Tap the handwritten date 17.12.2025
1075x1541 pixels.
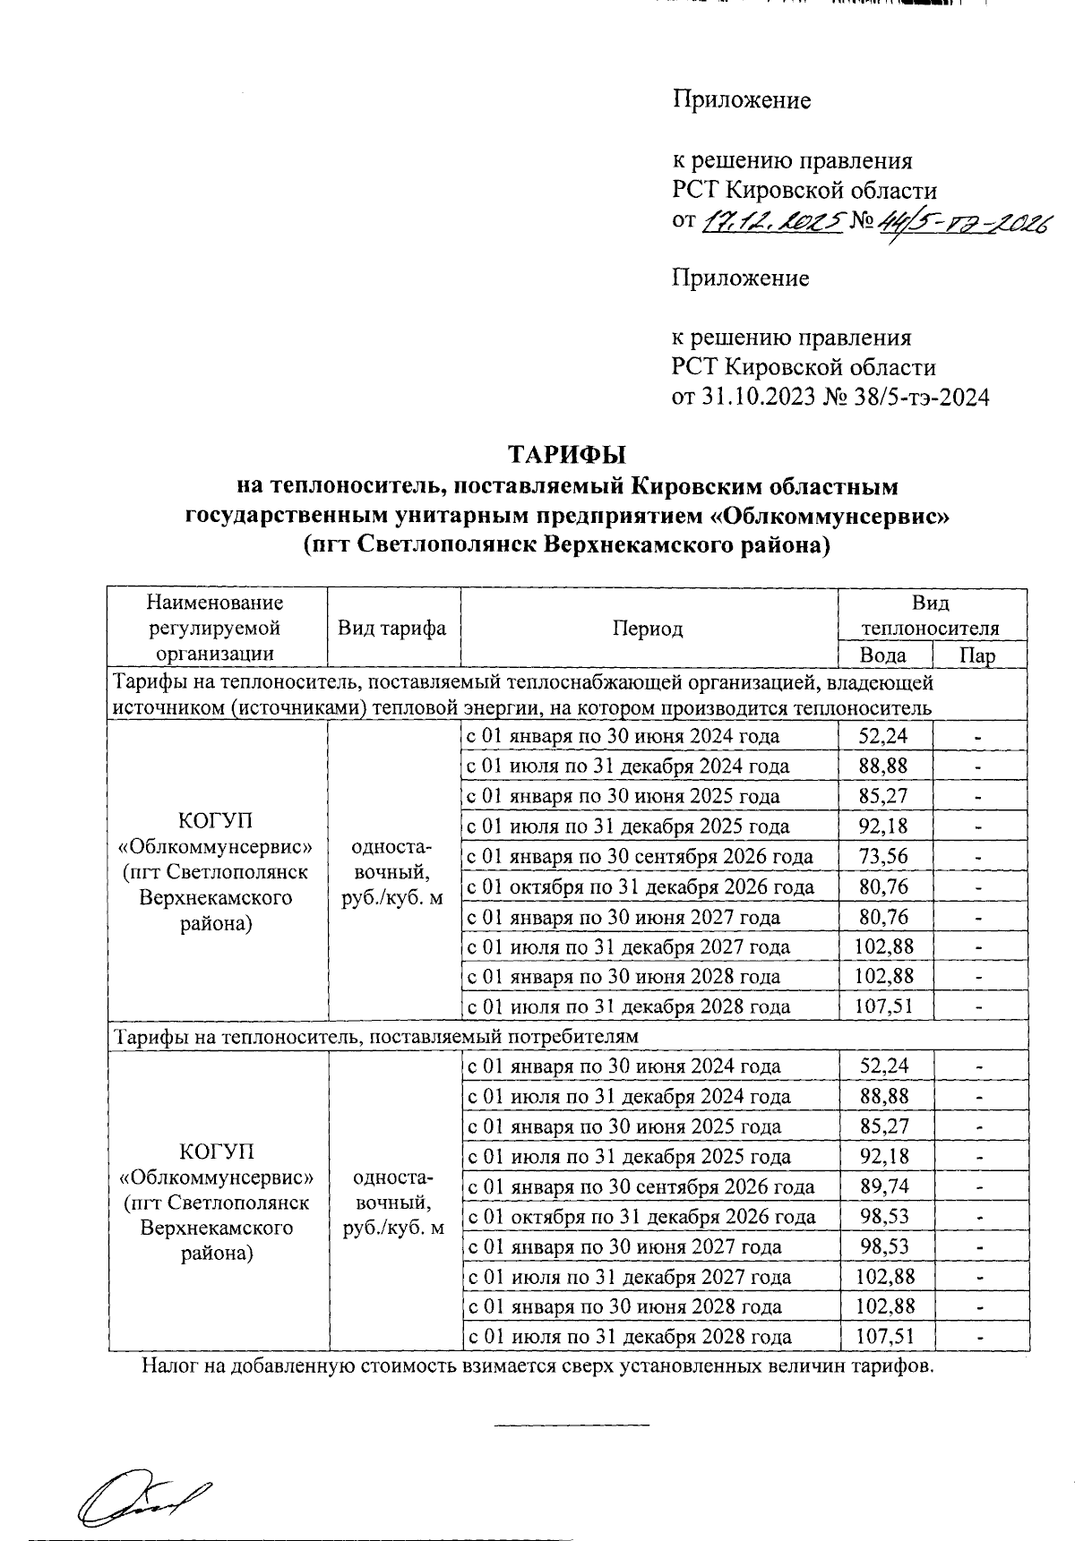click(771, 220)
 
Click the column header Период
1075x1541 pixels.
click(648, 629)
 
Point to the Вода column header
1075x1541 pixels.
click(884, 655)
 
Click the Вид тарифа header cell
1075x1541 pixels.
click(392, 629)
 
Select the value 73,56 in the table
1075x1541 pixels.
click(884, 857)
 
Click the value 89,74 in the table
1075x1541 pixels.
click(885, 1187)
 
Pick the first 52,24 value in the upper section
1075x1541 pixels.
click(884, 736)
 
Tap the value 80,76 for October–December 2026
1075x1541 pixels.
click(884, 887)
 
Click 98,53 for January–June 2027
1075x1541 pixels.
click(885, 1247)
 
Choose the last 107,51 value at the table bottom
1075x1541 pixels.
click(885, 1338)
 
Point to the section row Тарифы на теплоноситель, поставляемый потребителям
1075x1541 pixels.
click(376, 1037)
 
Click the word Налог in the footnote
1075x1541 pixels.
click(168, 1366)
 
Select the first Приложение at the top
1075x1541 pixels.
click(742, 100)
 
